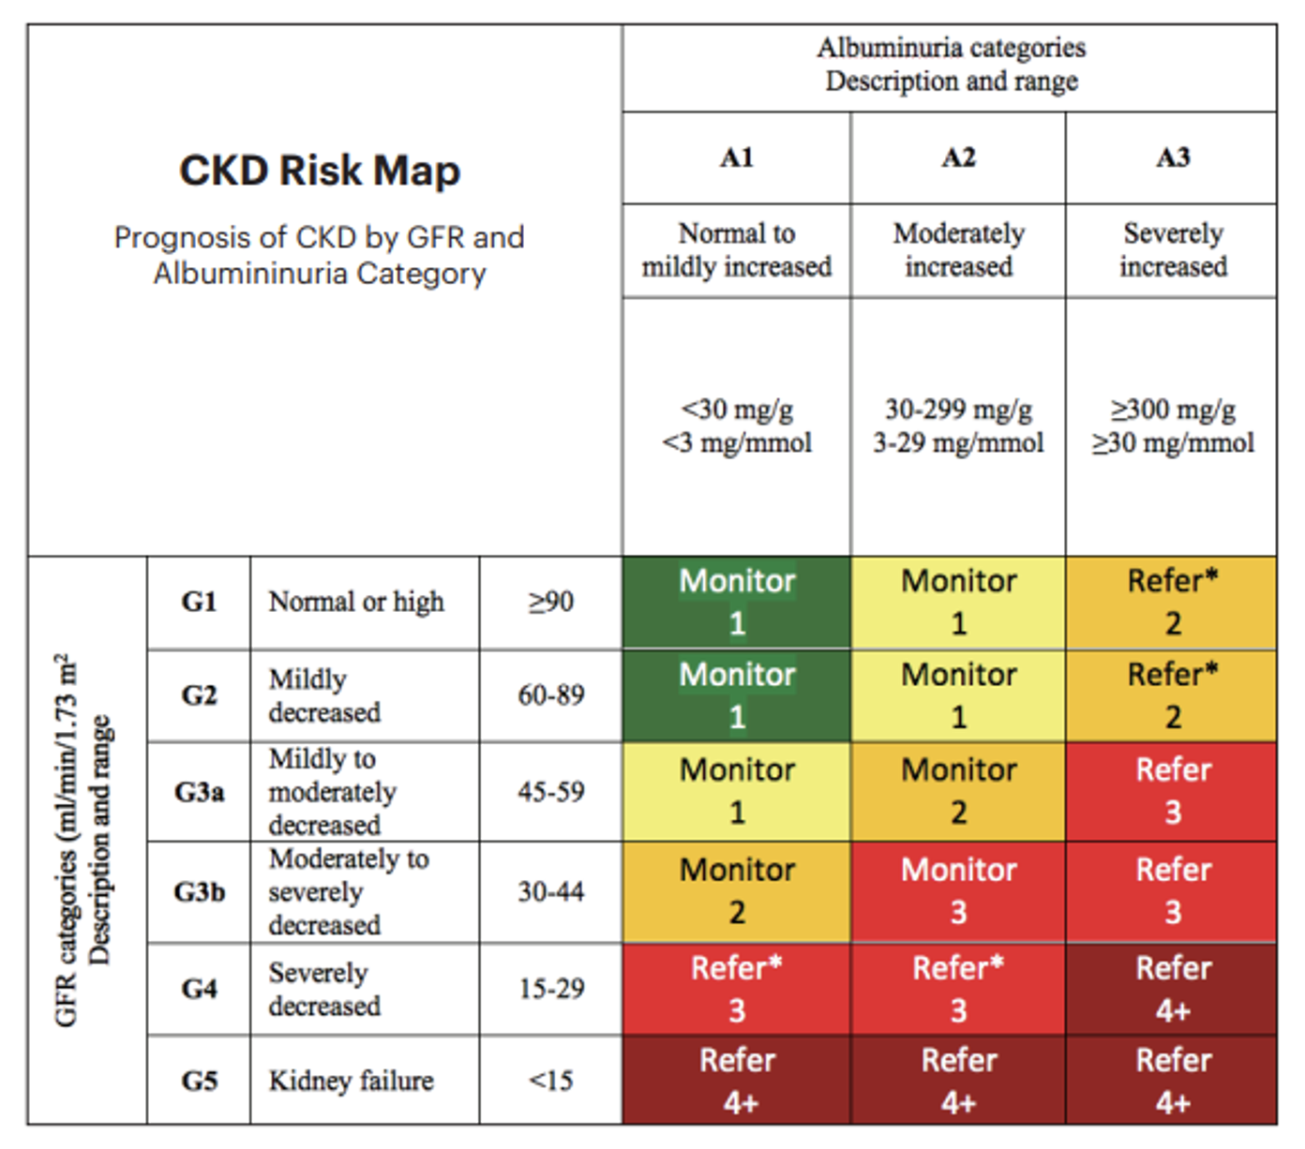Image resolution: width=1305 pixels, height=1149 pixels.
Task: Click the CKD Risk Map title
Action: click(x=319, y=171)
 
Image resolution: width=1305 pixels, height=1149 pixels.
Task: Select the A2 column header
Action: click(x=958, y=157)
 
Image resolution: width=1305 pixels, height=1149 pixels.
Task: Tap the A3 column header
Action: click(x=1172, y=157)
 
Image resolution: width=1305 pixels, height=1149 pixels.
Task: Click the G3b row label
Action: click(x=199, y=891)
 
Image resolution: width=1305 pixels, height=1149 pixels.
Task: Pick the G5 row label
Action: click(x=199, y=1081)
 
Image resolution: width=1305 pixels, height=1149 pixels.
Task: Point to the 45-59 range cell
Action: click(x=550, y=792)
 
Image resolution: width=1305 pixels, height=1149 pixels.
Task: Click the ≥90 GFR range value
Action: click(x=550, y=602)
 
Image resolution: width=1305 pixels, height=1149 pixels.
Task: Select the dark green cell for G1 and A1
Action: click(x=737, y=602)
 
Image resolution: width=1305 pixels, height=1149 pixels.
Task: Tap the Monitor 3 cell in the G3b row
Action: click(x=958, y=891)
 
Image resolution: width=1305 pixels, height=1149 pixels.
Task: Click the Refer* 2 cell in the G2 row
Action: click(x=1172, y=695)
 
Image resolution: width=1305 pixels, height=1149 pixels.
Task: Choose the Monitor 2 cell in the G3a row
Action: click(x=958, y=792)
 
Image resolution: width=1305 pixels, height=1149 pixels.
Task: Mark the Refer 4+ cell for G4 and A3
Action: click(x=1172, y=989)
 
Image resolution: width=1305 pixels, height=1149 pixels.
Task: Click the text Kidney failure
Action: click(x=351, y=1081)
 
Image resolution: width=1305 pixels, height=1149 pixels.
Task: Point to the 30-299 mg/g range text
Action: click(x=958, y=410)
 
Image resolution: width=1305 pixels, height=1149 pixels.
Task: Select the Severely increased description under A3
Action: click(x=1172, y=249)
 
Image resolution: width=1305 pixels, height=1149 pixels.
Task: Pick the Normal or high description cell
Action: click(x=356, y=602)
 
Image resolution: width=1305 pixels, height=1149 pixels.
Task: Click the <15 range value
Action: click(x=550, y=1081)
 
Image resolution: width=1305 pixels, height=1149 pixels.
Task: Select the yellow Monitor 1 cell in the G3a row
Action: click(x=737, y=792)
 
